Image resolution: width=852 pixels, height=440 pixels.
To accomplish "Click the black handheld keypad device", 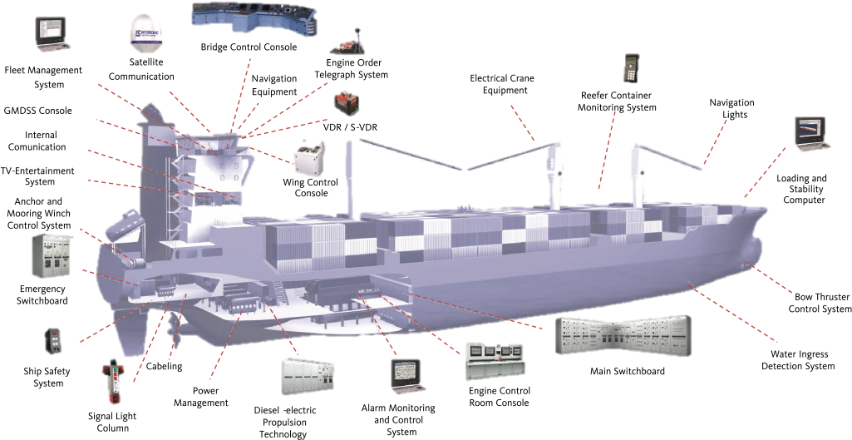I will [632, 68].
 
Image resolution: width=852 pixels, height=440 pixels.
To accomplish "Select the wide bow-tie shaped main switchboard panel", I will [622, 335].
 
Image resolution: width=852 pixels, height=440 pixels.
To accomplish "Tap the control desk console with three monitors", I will [496, 361].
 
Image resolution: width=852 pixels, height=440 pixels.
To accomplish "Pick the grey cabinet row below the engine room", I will [308, 376].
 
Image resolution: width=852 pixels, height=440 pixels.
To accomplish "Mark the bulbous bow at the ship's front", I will [753, 247].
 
